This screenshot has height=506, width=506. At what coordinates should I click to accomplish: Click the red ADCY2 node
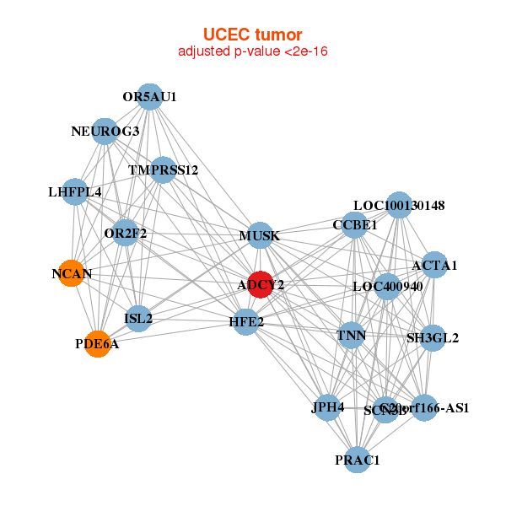coord(261,285)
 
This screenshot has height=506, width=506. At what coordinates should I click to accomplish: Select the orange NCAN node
coord(73,273)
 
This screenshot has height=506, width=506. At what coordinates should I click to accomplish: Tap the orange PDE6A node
coord(98,344)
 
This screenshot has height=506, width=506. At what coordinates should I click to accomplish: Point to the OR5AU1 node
coord(149,97)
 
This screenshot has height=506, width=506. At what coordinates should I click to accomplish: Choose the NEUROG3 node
coord(105,131)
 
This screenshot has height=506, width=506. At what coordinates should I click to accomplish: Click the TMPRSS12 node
coord(163,170)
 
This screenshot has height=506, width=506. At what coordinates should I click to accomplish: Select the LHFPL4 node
coord(76,192)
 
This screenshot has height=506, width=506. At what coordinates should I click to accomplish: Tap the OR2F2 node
coord(125,233)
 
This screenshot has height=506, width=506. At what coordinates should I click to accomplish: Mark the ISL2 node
coord(138,318)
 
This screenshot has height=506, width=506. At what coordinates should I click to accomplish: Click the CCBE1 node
coord(355,225)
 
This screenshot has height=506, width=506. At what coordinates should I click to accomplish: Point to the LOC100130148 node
coord(399,205)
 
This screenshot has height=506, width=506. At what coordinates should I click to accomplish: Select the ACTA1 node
coord(434,266)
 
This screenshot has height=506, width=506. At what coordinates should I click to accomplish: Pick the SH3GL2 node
coord(432,338)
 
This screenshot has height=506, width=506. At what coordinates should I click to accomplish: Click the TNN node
coord(351,336)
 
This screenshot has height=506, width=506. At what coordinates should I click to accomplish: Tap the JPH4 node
coord(328,408)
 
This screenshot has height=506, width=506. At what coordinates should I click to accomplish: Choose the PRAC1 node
coord(358,460)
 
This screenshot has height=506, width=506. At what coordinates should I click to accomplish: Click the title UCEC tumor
coord(252,35)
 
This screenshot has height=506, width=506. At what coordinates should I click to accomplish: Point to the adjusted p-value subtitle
coord(252,51)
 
